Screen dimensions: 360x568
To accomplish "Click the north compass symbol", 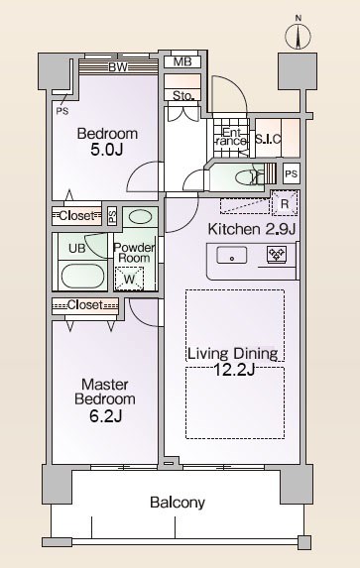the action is coord(298,36).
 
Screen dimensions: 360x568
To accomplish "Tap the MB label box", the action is coord(182,61).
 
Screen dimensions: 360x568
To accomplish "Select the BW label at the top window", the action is coord(118,67).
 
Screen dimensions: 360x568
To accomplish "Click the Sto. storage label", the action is coord(183,95).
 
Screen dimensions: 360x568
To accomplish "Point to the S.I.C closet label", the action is coord(269,139).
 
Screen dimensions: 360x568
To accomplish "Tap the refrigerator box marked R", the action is coord(285,203).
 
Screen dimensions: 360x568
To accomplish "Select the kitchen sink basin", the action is coord(232,256).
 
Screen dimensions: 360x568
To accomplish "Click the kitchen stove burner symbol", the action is coord(277,254).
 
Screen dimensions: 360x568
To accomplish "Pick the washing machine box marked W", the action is coord(129,279).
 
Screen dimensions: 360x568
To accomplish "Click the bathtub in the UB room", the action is coord(82,276).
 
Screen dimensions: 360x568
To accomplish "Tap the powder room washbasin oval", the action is coord(140,217).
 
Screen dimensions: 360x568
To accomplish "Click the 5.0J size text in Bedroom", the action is coord(107,150).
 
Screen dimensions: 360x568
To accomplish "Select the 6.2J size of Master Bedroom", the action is coord(106,416).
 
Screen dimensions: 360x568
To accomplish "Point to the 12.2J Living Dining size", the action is coord(234,370).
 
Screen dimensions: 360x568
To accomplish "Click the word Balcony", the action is coord(178,503).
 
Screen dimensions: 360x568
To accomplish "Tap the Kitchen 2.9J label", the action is coord(252,229).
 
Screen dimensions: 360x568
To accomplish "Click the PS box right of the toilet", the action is coord(292,173).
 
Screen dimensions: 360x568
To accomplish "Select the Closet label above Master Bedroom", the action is coord(85,305).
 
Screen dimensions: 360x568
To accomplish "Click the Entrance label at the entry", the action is coord(230,137).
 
